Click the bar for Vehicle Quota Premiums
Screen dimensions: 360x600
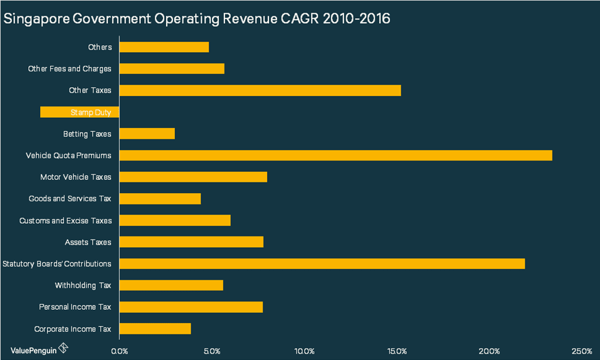point(335,156)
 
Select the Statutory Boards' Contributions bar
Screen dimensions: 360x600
point(322,263)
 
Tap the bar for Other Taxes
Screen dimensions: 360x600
point(260,90)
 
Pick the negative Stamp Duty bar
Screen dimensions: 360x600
point(79,112)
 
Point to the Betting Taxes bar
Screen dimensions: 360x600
point(147,134)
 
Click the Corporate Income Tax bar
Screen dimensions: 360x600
point(155,329)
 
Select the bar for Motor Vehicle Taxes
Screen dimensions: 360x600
point(193,177)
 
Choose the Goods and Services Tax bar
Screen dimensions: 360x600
point(160,199)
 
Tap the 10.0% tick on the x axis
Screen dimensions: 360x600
point(304,350)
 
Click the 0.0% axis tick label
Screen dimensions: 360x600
point(119,350)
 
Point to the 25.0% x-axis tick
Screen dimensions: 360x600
point(582,350)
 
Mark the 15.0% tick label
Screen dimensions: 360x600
point(397,350)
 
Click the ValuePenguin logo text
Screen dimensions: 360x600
point(33,349)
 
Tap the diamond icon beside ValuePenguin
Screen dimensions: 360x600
point(63,348)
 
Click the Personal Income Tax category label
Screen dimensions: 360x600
point(75,307)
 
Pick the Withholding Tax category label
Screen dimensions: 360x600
point(83,285)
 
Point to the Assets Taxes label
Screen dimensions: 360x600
point(88,242)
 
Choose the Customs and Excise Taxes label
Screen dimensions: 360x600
point(65,221)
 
